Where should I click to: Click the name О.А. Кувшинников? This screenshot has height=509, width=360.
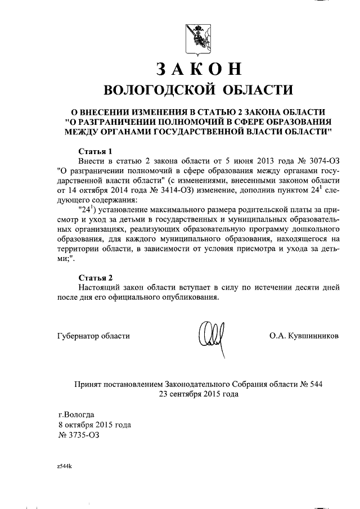pos(304,336)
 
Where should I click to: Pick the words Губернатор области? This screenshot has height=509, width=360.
pos(93,336)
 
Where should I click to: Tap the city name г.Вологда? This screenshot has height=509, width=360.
pos(76,415)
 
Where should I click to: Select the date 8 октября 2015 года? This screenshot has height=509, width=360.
pos(94,425)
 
